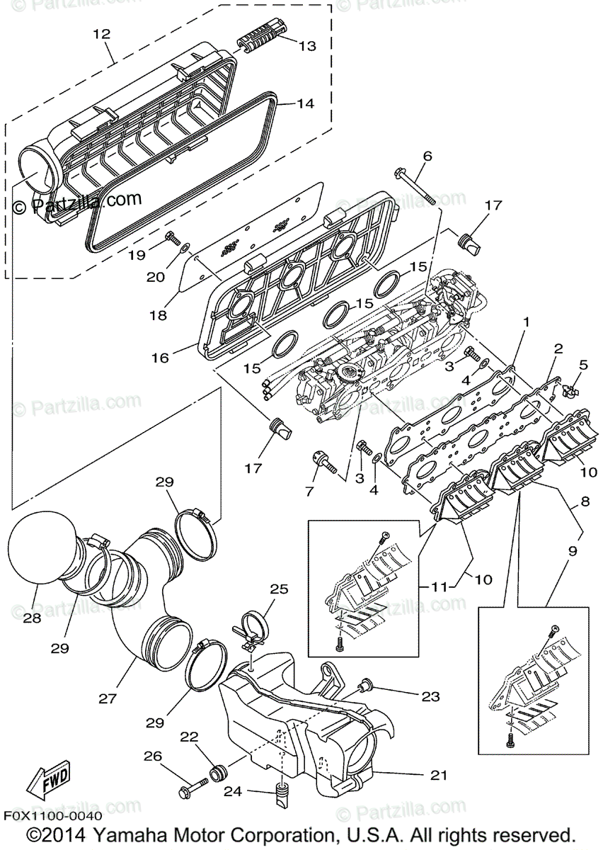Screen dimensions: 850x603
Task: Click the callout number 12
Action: pyautogui.click(x=101, y=33)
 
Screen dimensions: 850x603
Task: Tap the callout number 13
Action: pyautogui.click(x=306, y=47)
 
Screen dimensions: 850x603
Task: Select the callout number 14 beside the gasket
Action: pyautogui.click(x=304, y=103)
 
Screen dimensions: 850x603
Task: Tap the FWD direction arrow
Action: pyautogui.click(x=48, y=781)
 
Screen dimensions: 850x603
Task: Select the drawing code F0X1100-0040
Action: pyautogui.click(x=51, y=816)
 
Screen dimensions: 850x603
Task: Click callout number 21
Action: pyautogui.click(x=439, y=776)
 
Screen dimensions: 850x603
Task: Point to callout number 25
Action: pyautogui.click(x=280, y=589)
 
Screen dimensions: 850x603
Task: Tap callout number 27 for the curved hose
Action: pyautogui.click(x=107, y=698)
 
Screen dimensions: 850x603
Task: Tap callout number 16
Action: pyautogui.click(x=160, y=358)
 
